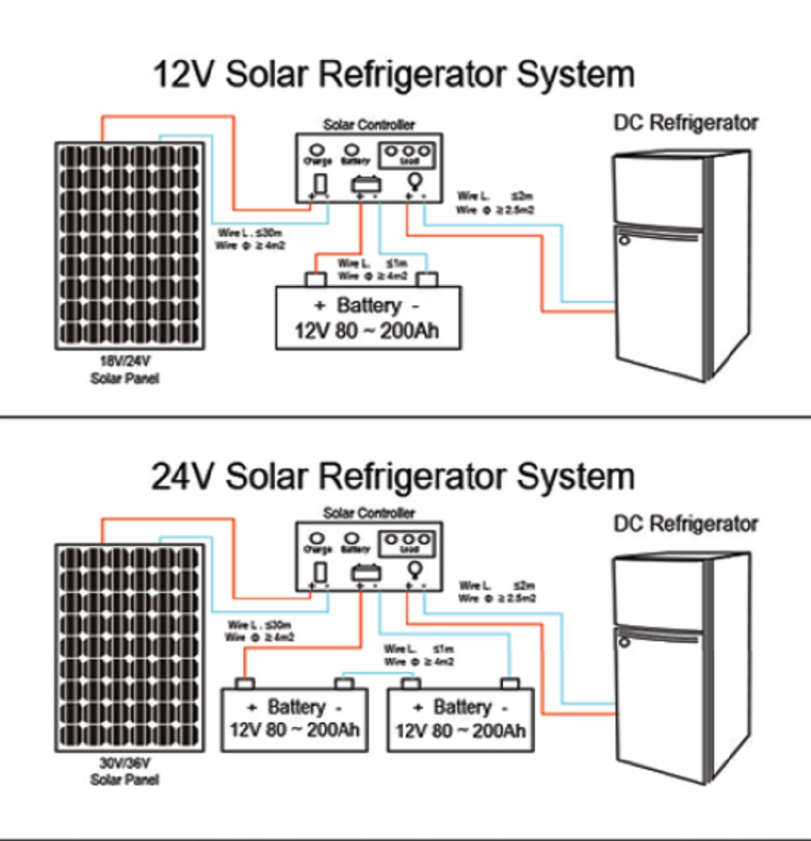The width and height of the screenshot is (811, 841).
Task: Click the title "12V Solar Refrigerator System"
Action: [393, 76]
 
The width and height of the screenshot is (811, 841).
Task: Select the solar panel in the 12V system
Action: [128, 246]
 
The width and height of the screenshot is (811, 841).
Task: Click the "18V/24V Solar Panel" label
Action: [125, 370]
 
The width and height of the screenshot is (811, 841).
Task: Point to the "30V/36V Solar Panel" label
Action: [125, 773]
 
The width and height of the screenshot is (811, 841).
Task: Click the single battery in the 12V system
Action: [368, 318]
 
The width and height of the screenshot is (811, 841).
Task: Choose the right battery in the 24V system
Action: [460, 719]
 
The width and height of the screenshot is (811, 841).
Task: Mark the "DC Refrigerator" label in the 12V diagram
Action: [685, 122]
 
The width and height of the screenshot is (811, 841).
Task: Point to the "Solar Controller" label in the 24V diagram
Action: [368, 514]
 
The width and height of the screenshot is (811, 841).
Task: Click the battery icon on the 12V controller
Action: [367, 183]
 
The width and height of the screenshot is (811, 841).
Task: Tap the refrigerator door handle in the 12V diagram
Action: [622, 241]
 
